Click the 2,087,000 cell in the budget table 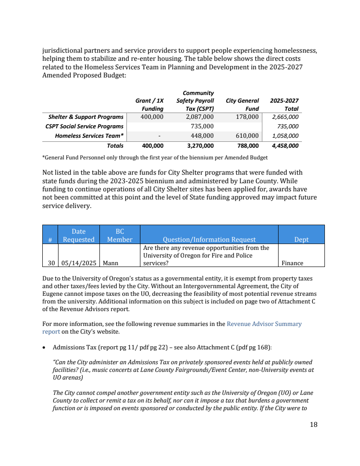click(x=199, y=117)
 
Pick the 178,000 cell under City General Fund click(x=247, y=117)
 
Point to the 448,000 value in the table click(x=202, y=136)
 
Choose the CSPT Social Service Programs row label click(x=84, y=127)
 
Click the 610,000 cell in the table click(x=247, y=136)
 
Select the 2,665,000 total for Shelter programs click(x=285, y=117)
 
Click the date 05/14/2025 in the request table click(x=78, y=263)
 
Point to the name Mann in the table click(x=110, y=263)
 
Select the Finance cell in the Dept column click(x=292, y=263)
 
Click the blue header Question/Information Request click(x=209, y=240)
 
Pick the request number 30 click(x=50, y=263)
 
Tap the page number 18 click(x=314, y=425)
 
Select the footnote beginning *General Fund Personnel click(x=154, y=158)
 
